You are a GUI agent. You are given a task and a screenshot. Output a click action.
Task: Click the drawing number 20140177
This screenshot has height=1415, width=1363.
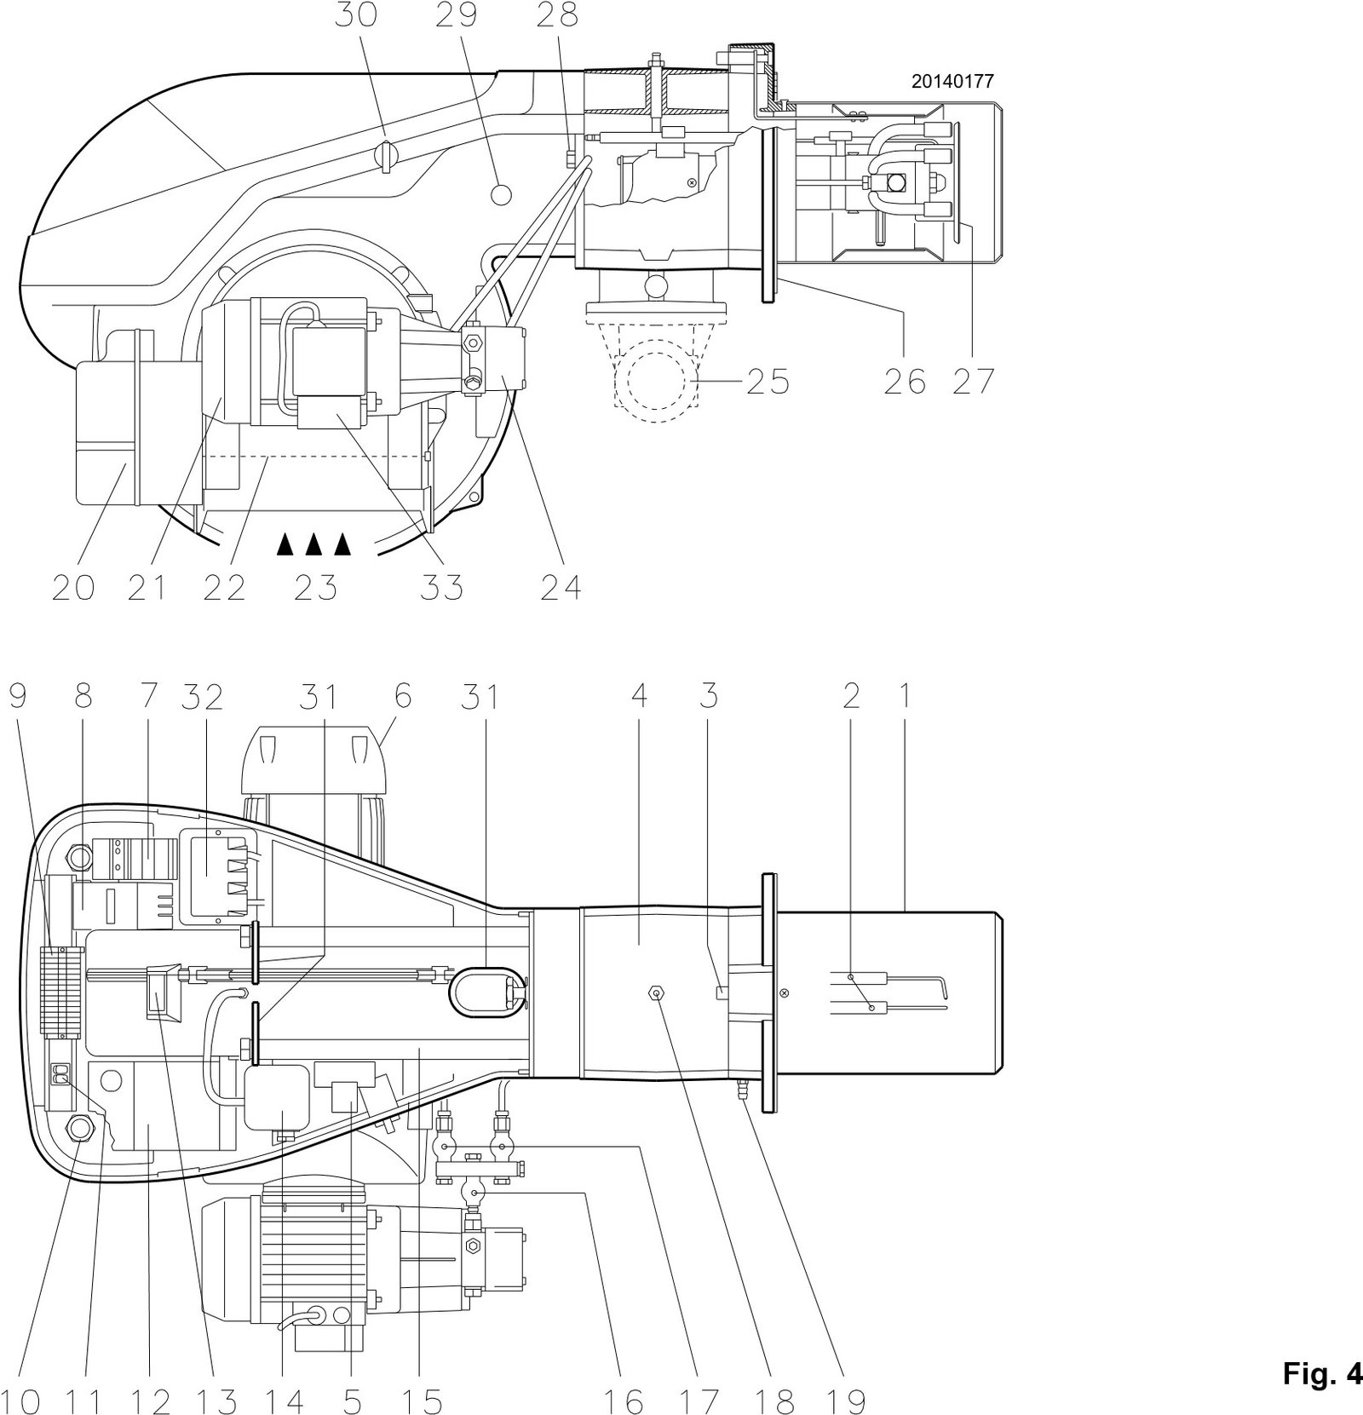[952, 82]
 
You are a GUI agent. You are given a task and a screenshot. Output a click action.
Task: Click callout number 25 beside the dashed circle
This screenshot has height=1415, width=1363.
[768, 382]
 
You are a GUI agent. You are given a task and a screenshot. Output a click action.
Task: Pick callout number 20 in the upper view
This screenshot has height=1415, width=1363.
[73, 587]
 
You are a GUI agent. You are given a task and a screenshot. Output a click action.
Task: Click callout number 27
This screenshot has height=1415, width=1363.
[973, 382]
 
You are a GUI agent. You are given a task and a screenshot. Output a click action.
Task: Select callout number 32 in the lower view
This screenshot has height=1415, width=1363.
[202, 697]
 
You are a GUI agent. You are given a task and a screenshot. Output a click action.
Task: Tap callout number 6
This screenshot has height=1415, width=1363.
[402, 697]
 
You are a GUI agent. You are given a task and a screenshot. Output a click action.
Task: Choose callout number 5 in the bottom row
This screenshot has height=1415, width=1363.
[352, 1401]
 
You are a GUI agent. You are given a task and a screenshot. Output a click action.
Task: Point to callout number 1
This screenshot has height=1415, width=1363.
[906, 697]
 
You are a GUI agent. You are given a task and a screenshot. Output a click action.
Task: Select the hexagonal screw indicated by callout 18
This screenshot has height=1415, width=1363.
[657, 992]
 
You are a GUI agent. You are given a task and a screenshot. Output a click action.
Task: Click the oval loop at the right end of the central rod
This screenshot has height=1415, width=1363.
[485, 992]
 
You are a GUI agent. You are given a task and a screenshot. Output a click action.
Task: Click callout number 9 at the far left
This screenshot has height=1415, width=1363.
[18, 697]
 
